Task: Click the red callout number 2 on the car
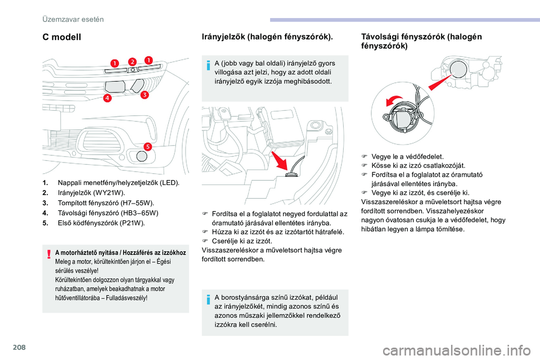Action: (x=132, y=61)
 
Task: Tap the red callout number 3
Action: (x=144, y=95)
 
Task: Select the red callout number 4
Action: (x=107, y=98)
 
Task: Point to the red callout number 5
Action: (x=147, y=146)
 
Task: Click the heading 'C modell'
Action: (x=62, y=37)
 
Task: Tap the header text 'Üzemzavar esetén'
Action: (x=73, y=19)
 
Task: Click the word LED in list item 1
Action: (x=169, y=183)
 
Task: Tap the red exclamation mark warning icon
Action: (x=49, y=255)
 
